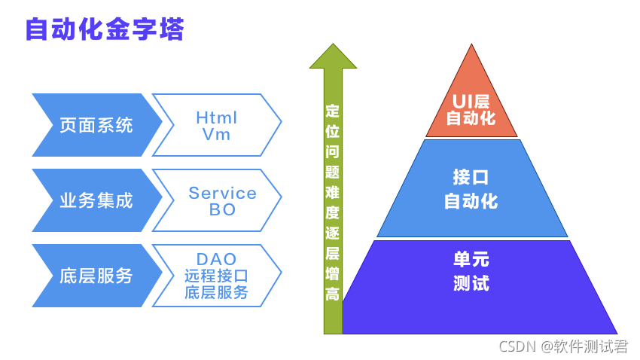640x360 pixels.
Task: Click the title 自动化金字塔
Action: coord(105,29)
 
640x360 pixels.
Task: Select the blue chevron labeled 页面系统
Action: coord(96,125)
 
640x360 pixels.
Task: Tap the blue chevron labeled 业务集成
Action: coord(96,200)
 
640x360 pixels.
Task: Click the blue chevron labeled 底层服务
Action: coord(96,276)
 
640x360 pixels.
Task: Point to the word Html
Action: coord(216,117)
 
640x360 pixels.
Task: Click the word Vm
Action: coord(216,134)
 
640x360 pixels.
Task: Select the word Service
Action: coord(222,193)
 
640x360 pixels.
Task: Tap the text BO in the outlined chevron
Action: coord(222,209)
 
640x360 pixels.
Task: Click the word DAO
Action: coord(216,259)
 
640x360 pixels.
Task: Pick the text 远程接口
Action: coord(216,276)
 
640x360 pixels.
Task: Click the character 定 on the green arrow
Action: coord(333,111)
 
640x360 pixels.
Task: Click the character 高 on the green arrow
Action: coord(333,294)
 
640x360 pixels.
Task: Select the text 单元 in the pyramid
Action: coord(471,259)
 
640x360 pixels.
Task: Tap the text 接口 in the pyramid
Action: coord(471,177)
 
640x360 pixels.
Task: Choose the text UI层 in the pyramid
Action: coord(471,101)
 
